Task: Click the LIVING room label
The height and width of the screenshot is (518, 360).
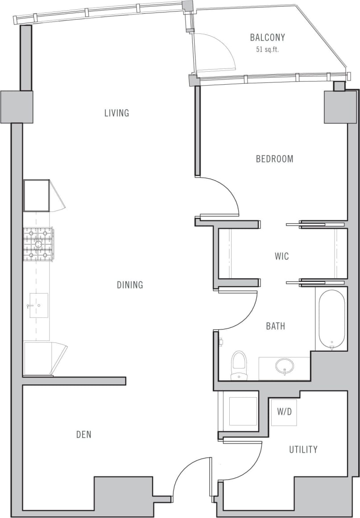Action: tap(116, 113)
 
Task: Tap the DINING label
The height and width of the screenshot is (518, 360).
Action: tap(130, 285)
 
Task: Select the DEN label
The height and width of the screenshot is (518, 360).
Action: tap(84, 434)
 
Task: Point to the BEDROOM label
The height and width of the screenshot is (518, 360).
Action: tap(274, 159)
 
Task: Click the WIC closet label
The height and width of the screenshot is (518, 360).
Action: tap(281, 256)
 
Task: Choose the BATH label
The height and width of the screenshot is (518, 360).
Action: tap(275, 326)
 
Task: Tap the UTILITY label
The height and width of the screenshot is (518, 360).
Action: tap(303, 449)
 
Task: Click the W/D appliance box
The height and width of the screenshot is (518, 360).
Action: tap(284, 412)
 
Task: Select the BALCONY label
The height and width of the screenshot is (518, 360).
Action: tap(267, 37)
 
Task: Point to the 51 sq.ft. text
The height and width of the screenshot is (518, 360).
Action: tap(267, 49)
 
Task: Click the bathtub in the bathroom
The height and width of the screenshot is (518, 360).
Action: tap(331, 319)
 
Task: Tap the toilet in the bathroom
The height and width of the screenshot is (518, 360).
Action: tap(239, 363)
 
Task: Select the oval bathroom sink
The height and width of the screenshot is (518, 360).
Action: tap(284, 367)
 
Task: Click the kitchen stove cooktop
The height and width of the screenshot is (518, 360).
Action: tap(38, 244)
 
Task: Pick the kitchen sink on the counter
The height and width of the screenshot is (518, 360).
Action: tap(39, 305)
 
